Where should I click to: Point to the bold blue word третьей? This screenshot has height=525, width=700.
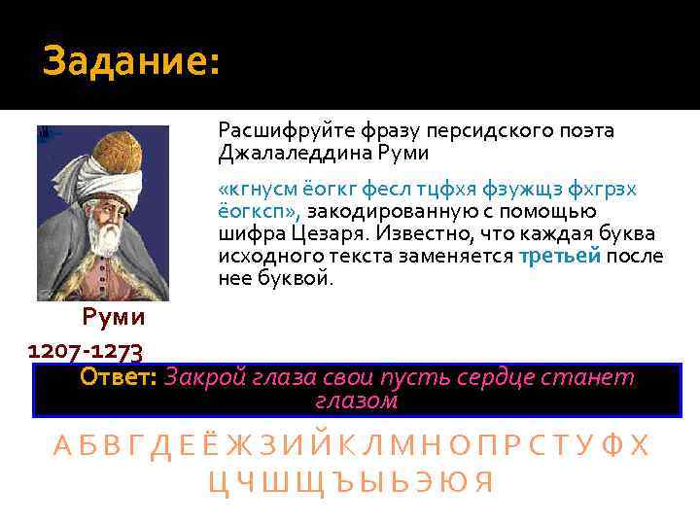[x=561, y=256]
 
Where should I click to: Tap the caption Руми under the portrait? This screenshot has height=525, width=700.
[x=113, y=317]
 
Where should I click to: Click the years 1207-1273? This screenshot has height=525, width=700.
[x=87, y=349]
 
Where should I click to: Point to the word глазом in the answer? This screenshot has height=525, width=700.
[x=357, y=400]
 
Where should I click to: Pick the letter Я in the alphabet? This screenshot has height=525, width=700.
[x=485, y=481]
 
